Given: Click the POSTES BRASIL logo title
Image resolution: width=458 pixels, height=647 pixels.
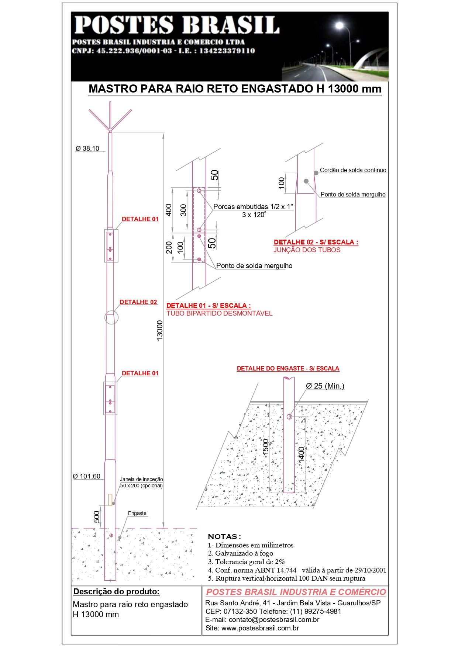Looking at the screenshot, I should (x=177, y=25).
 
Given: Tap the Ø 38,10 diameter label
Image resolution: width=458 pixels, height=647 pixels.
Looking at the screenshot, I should (x=87, y=149).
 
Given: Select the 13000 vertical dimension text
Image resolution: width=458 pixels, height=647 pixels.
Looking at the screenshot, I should (x=160, y=330).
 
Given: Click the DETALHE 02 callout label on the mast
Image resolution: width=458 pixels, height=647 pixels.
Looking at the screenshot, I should (x=138, y=302).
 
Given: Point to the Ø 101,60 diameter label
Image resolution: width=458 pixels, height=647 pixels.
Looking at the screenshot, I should (x=87, y=476).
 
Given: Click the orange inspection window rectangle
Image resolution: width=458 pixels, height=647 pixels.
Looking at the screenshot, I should (x=110, y=500).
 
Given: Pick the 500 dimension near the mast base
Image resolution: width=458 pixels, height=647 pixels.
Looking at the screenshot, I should (x=97, y=517).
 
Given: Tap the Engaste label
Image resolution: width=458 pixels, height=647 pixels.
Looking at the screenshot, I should (x=137, y=513).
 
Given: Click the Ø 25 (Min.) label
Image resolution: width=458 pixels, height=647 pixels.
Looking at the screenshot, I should (x=325, y=386).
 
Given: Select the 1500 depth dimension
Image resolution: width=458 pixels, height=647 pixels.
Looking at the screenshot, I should (x=266, y=447).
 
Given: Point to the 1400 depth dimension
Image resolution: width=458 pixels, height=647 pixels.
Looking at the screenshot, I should (x=302, y=455).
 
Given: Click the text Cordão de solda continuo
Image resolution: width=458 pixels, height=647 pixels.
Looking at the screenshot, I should (x=353, y=170).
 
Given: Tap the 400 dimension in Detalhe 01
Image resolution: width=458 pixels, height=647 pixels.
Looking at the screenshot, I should (x=169, y=210).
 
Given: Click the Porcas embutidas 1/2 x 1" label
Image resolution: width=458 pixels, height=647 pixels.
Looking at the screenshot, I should (x=253, y=206).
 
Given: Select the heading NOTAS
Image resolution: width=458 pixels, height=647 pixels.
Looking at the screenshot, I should (x=224, y=536).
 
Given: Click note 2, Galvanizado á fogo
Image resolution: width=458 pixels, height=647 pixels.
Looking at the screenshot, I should (x=240, y=553).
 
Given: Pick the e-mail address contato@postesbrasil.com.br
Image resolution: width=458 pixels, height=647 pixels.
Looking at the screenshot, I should (x=262, y=620).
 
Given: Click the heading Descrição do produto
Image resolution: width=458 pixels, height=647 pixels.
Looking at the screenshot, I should (x=116, y=592).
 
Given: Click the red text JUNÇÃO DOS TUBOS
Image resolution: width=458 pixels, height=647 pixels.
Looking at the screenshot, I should (x=307, y=250).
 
